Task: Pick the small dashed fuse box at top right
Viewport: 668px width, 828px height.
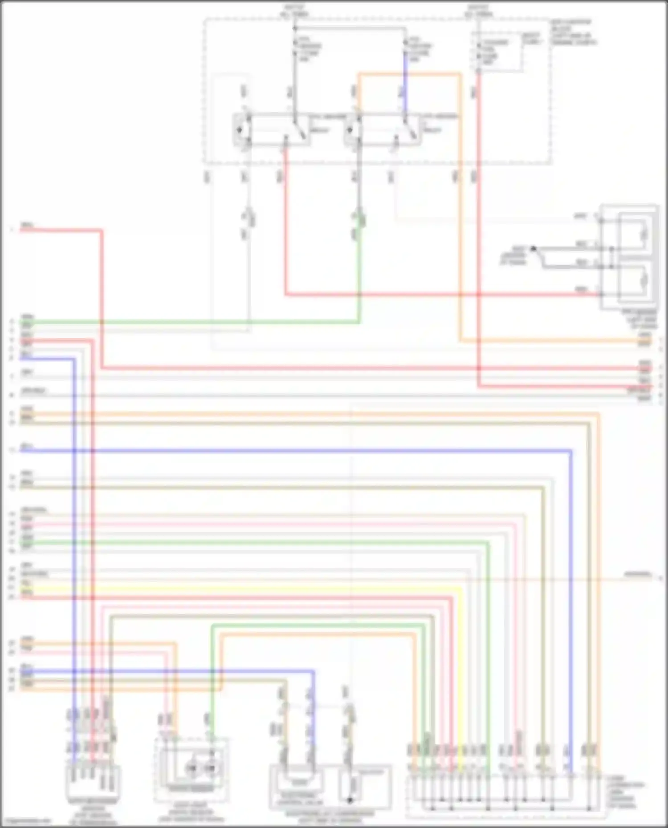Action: click(x=499, y=52)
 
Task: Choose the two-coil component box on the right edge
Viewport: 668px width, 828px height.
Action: click(x=629, y=257)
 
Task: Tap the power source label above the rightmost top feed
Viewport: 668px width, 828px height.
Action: click(x=478, y=11)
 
